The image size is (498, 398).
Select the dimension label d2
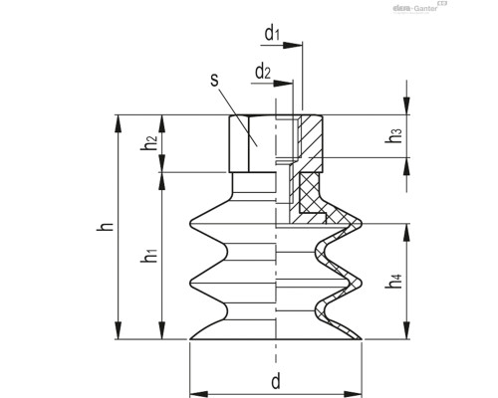click(263, 71)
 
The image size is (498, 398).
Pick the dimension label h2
click(148, 143)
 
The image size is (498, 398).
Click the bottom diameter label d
click(275, 379)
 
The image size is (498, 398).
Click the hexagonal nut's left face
click(238, 143)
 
